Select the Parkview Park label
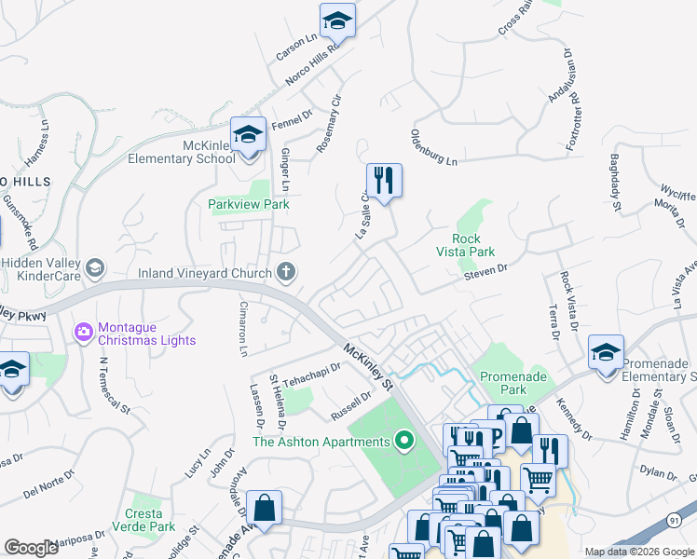coord(249,204)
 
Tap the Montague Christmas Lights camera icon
coord(85,332)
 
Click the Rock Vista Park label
coord(466,244)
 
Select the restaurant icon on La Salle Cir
coord(384,178)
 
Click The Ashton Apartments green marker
coord(403,441)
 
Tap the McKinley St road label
coord(370,364)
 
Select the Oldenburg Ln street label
coord(434,148)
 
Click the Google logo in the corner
coord(32,548)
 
